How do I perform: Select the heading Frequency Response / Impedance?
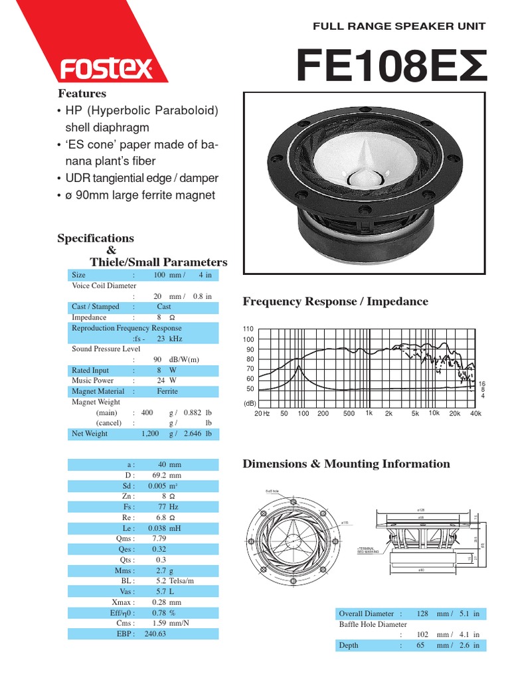point(335,301)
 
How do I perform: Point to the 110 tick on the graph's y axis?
point(249,329)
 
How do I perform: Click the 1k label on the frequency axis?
point(369,413)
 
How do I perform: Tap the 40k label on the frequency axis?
point(475,413)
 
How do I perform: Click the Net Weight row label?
point(90,434)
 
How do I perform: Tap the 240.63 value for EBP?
point(154,634)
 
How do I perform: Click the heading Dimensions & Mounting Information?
point(346,464)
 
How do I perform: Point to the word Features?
point(82,94)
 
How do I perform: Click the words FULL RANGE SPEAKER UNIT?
point(400,27)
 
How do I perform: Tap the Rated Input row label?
point(90,370)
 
